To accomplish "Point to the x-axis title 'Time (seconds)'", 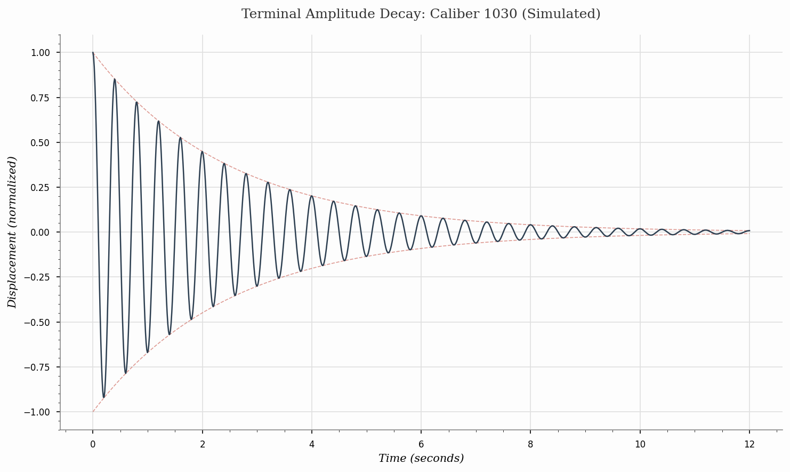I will coord(421,458).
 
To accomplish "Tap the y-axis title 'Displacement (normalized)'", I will coord(12,232).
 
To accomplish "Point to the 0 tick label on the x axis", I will coord(93,444).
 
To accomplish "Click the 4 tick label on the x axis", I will coord(312,444).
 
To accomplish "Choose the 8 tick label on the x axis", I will coord(530,444).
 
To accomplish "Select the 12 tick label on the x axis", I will coord(749,444).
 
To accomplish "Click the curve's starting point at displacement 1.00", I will coord(93,52).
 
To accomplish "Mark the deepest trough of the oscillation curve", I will coord(104,397).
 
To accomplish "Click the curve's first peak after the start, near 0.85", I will coord(115,79).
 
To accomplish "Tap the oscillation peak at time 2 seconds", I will coord(202,151).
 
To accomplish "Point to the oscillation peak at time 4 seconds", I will coord(312,196).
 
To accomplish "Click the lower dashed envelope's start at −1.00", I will coord(93,412).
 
